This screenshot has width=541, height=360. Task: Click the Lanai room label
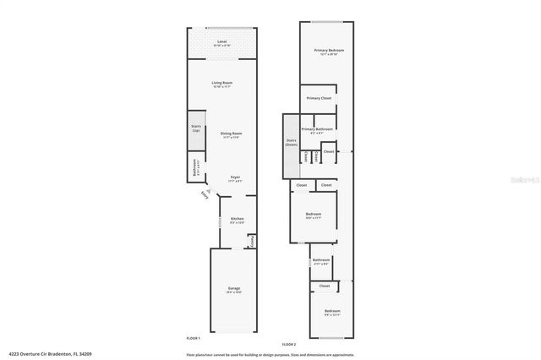click(x=221, y=42)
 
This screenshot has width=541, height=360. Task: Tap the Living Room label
click(x=221, y=84)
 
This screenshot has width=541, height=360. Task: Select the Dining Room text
click(x=231, y=134)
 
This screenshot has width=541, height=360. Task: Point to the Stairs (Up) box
click(x=196, y=128)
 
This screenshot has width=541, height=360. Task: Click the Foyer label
click(x=235, y=177)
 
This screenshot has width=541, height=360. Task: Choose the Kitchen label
click(x=238, y=220)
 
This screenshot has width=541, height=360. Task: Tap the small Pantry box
click(x=251, y=241)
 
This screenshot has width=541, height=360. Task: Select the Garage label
click(x=234, y=290)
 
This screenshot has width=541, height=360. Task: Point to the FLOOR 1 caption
click(x=194, y=337)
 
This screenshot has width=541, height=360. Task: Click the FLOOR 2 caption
click(x=289, y=344)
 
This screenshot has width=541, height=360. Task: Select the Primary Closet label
click(x=319, y=98)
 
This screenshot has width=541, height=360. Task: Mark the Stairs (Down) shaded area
click(x=292, y=143)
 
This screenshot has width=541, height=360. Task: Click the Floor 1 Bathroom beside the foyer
click(x=196, y=167)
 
